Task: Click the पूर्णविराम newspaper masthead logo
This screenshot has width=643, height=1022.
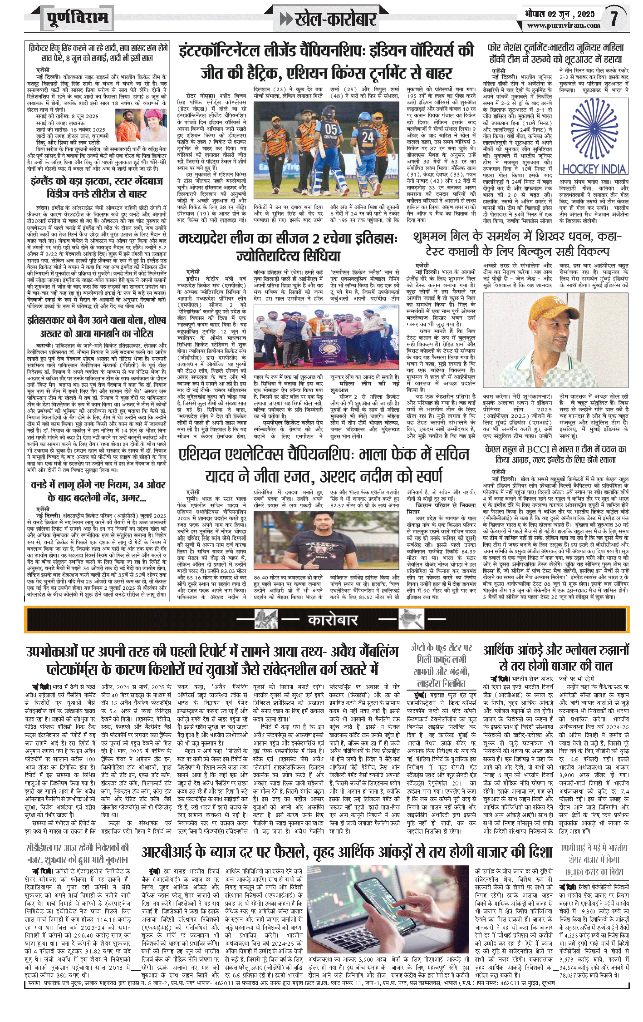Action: click(77, 19)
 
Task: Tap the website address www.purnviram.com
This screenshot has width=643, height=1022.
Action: click(563, 26)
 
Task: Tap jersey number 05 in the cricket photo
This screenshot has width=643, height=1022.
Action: click(331, 129)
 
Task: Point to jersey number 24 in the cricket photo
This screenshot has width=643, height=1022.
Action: click(368, 136)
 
